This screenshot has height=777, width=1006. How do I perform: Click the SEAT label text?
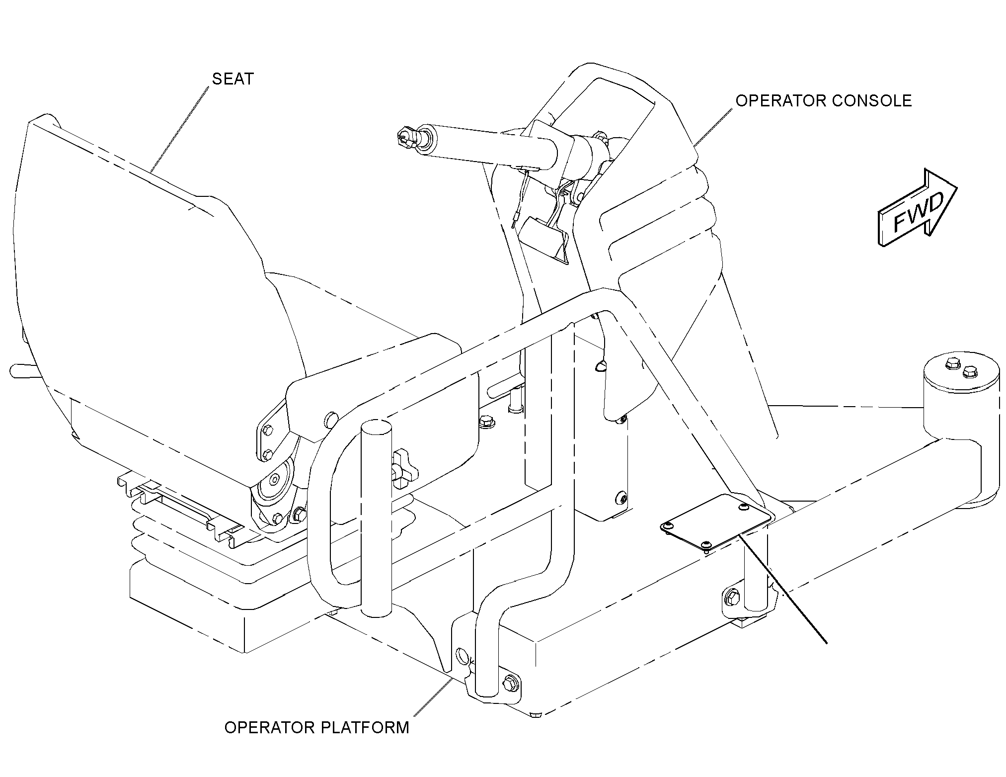(x=233, y=79)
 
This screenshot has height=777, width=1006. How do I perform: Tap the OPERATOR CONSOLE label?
(x=823, y=101)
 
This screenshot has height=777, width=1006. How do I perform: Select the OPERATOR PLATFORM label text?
(x=317, y=727)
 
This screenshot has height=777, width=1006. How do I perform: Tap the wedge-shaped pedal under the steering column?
(x=543, y=238)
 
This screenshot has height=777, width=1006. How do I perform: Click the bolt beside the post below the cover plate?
(x=733, y=596)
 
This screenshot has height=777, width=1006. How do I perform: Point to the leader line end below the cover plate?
(x=827, y=644)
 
